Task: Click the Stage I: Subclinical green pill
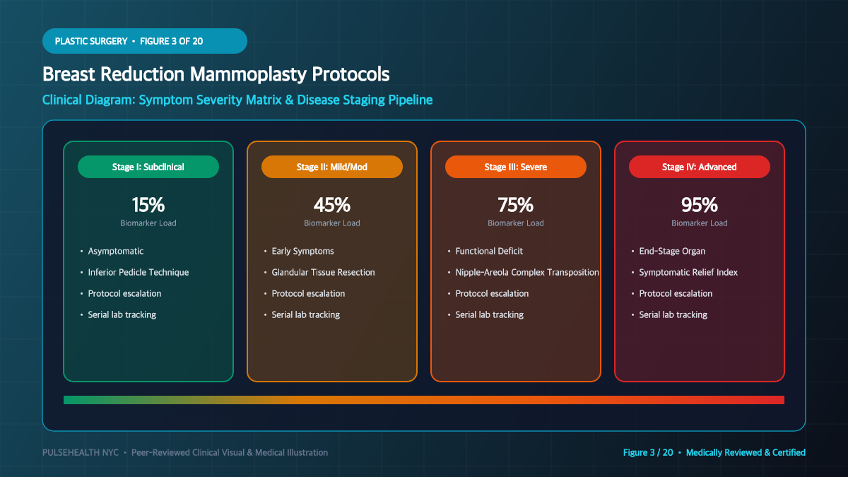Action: (148, 167)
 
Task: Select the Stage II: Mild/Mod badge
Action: (331, 167)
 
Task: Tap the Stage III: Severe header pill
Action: (516, 167)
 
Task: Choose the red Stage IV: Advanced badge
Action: (699, 167)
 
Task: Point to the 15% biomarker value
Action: (148, 205)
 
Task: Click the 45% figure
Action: (331, 205)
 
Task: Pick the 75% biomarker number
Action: (516, 205)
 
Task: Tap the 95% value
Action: (699, 205)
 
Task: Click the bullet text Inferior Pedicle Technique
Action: (139, 272)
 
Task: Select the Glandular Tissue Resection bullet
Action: (323, 272)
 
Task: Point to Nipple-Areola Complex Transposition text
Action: (527, 272)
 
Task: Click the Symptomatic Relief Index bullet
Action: (688, 272)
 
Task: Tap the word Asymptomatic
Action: (115, 251)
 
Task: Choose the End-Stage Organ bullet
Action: (672, 251)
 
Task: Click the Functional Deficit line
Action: (489, 251)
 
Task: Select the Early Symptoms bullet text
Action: (302, 251)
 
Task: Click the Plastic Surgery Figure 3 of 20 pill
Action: (145, 41)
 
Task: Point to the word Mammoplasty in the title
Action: (247, 74)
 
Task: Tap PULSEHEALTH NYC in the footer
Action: (81, 452)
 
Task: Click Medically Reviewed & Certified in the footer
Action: (746, 452)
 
